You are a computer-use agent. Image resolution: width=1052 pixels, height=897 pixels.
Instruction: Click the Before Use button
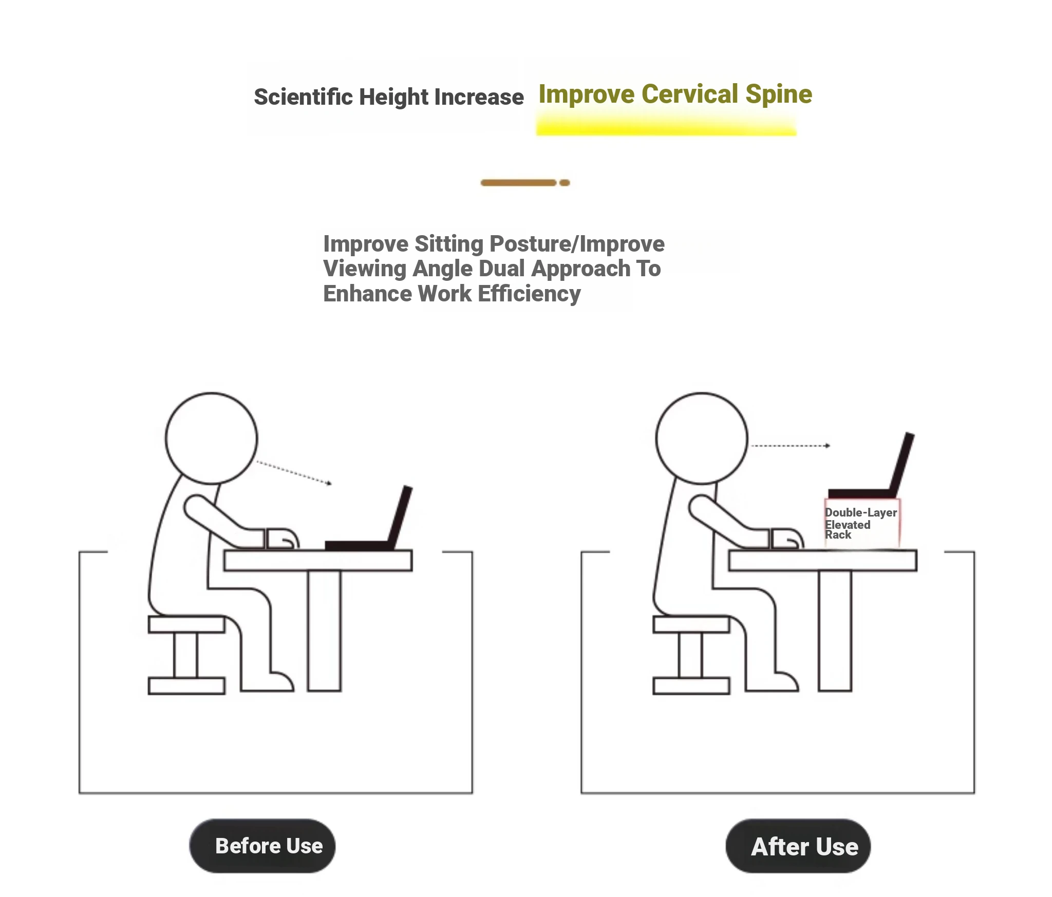pos(262,846)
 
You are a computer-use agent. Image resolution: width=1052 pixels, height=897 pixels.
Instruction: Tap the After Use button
pos(798,846)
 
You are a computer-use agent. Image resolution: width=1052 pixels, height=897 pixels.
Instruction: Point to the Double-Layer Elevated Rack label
pos(861,523)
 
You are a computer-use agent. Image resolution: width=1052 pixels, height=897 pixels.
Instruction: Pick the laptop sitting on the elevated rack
pos(872,466)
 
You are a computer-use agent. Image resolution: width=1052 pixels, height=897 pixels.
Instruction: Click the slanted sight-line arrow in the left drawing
pos(294,472)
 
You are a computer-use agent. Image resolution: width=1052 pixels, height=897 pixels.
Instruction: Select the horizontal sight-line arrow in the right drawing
pos(791,446)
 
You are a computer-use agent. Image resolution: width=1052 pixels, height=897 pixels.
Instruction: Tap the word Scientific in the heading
pos(303,97)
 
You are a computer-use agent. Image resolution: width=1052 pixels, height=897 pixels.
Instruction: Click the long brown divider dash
pos(518,183)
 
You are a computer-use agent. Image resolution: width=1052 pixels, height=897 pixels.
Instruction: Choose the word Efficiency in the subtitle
pos(529,294)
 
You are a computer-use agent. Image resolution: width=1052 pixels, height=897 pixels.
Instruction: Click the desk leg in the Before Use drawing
pos(324,631)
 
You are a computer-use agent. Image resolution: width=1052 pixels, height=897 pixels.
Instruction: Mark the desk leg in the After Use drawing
pos(835,631)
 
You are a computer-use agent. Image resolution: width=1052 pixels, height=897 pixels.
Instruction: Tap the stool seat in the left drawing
pos(186,624)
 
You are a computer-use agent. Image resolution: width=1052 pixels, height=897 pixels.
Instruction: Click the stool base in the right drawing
pos(691,686)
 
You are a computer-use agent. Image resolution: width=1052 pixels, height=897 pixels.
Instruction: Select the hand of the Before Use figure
pos(282,539)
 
